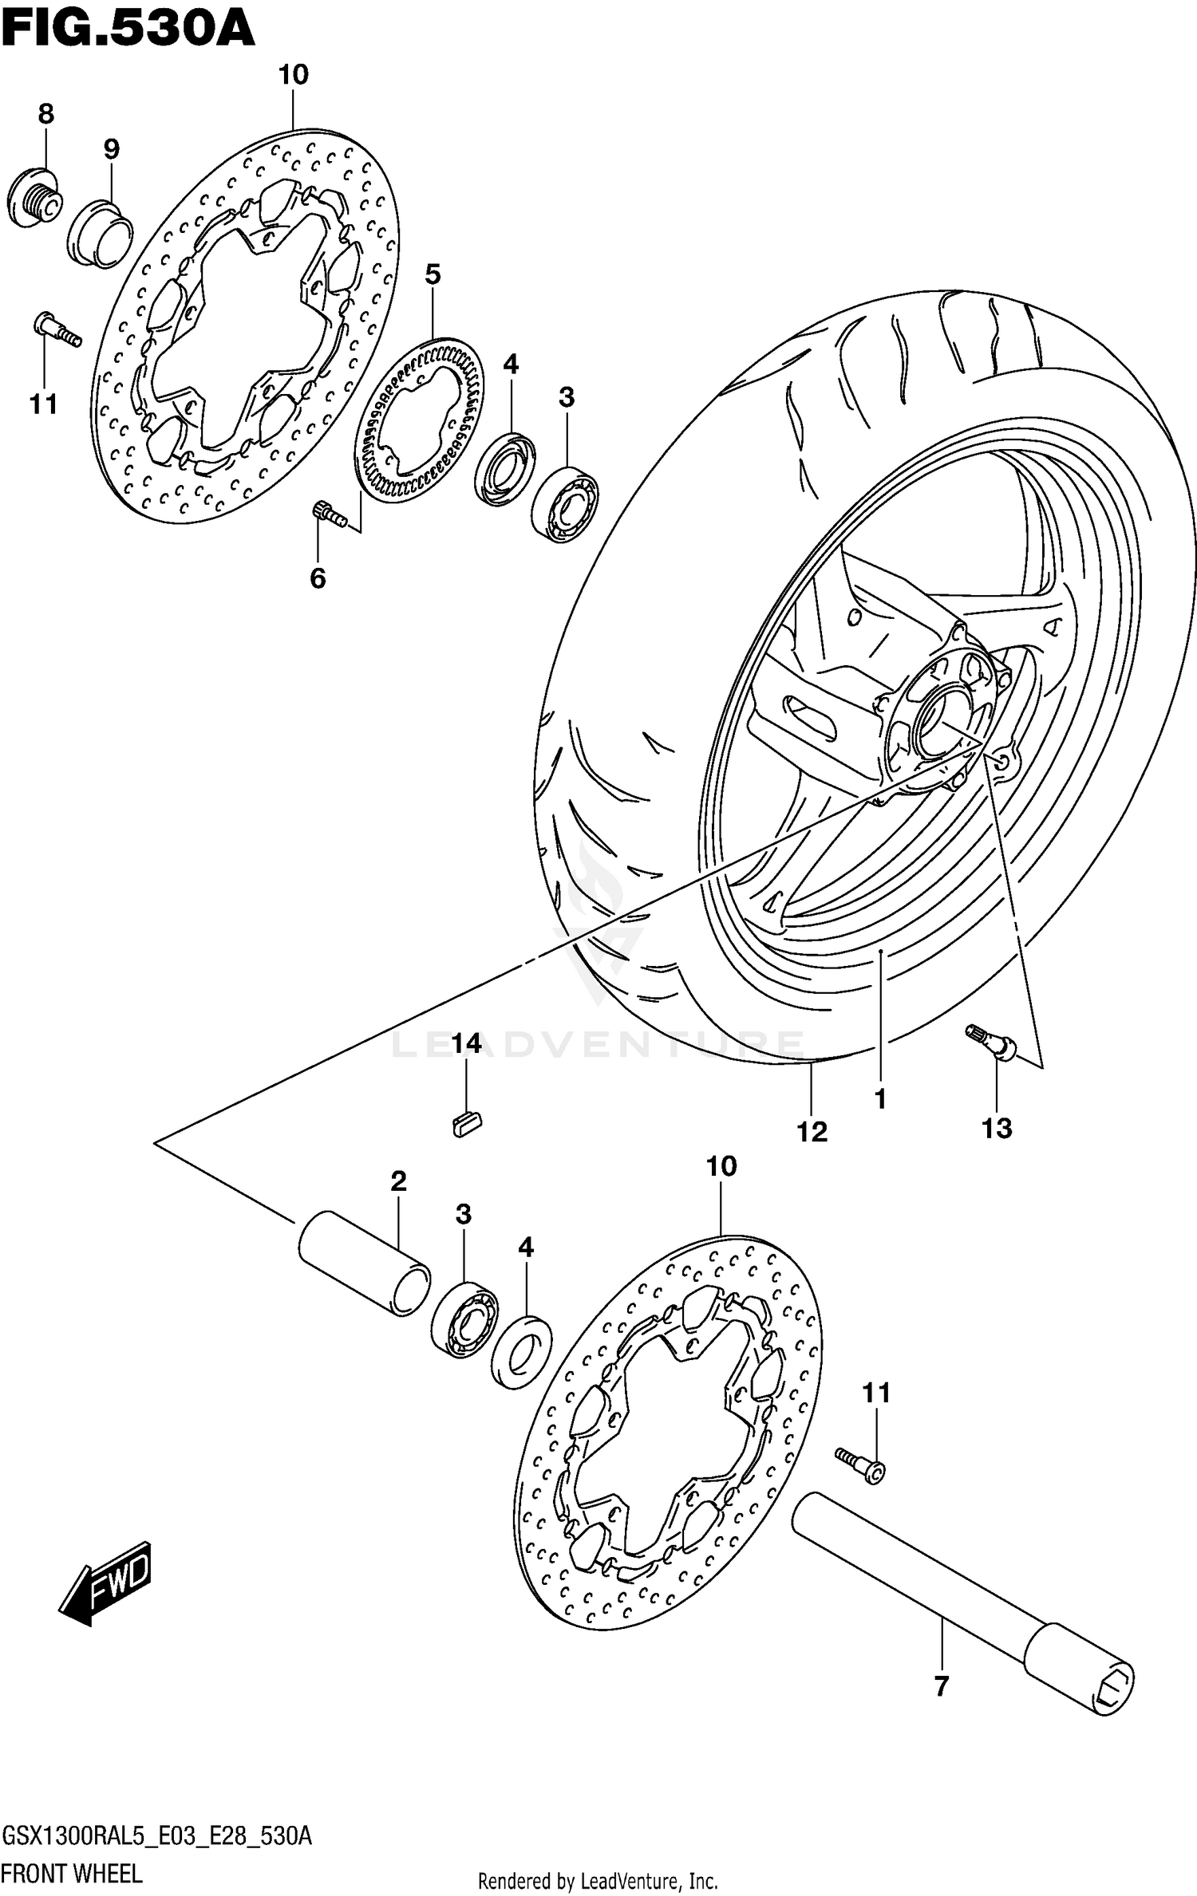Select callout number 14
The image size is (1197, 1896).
tap(466, 1043)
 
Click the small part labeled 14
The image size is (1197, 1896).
tap(466, 1124)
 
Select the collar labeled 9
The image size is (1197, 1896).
tap(101, 234)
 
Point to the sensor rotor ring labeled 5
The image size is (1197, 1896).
tap(420, 420)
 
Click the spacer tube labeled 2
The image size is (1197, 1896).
tap(364, 1264)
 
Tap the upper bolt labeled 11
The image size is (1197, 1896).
tap(57, 329)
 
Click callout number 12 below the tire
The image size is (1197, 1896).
tap(812, 1131)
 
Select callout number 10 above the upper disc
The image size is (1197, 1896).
tap(293, 75)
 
